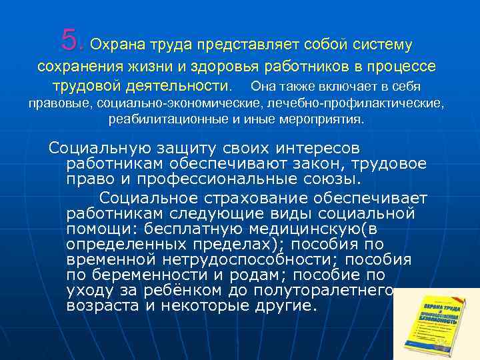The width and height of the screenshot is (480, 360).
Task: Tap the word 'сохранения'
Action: [75, 66]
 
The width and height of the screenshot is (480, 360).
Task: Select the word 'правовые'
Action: [61, 104]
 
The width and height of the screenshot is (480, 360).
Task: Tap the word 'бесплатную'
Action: [215, 230]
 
